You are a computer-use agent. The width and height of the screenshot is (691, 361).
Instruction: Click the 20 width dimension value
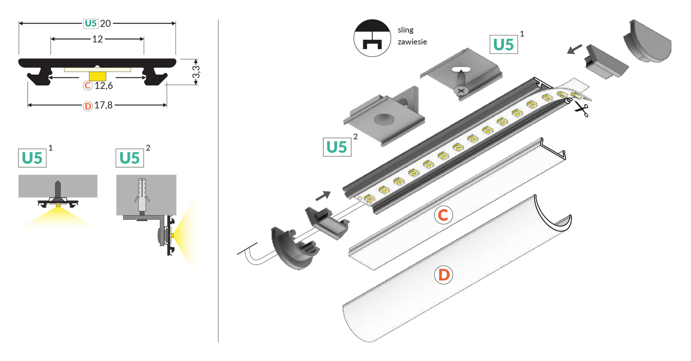pyautogui.click(x=105, y=23)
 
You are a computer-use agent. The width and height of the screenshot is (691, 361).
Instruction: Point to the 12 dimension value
pyautogui.click(x=97, y=39)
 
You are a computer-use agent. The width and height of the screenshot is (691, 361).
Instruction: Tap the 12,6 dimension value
pyautogui.click(x=104, y=86)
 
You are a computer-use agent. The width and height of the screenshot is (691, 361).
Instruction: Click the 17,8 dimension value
pyautogui.click(x=103, y=106)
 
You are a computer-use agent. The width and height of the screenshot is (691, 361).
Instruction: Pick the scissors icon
pyautogui.click(x=581, y=109)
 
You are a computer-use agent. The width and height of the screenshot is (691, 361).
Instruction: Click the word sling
pyautogui.click(x=405, y=30)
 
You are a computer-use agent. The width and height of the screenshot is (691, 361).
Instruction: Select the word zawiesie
pyautogui.click(x=412, y=42)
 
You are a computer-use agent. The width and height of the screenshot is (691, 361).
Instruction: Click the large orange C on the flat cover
pyautogui.click(x=444, y=215)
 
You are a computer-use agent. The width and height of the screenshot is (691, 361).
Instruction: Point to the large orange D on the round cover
pyautogui.click(x=444, y=275)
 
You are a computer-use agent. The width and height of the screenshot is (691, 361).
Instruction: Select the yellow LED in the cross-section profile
pyautogui.click(x=97, y=76)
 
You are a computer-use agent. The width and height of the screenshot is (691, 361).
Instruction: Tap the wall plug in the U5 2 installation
pyautogui.click(x=142, y=194)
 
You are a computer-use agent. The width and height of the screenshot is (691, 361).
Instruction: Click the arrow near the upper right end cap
pyautogui.click(x=574, y=49)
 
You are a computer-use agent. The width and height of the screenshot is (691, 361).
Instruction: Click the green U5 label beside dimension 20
pyautogui.click(x=90, y=23)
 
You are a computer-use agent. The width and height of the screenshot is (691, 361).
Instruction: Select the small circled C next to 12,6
pyautogui.click(x=87, y=86)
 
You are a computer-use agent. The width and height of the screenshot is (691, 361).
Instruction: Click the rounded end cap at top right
pyautogui.click(x=647, y=43)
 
